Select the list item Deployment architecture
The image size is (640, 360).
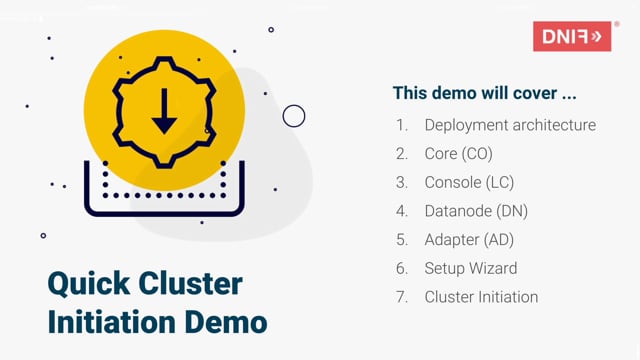510,125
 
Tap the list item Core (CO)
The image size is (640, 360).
458,154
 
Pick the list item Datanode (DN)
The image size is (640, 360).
476,211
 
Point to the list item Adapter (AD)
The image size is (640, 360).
469,240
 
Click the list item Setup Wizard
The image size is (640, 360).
471,268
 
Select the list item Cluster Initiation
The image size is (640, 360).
481,297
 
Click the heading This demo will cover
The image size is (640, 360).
484,93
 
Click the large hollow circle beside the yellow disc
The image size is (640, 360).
294,116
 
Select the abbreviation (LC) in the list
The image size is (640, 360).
496,183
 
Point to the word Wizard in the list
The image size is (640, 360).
493,268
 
